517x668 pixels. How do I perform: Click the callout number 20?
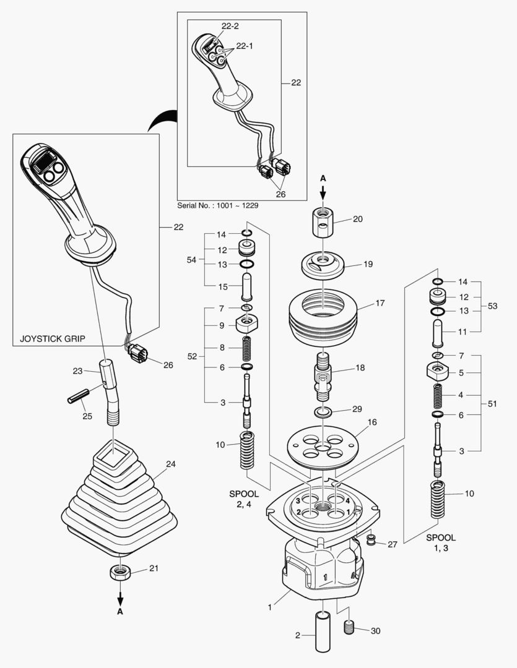(x=358, y=219)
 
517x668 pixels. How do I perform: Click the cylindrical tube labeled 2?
(x=324, y=631)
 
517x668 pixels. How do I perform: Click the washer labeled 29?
(x=323, y=412)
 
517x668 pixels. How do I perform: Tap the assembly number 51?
(x=492, y=404)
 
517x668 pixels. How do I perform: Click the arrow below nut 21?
(x=120, y=598)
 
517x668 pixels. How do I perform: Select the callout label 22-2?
(x=230, y=25)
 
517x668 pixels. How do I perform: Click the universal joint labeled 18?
(x=323, y=375)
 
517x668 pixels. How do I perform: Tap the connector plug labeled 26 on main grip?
(x=137, y=354)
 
